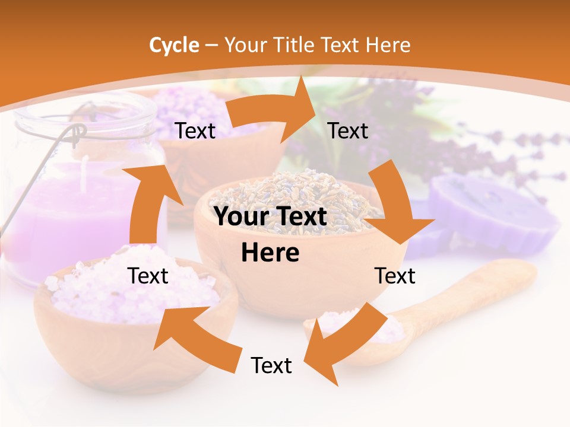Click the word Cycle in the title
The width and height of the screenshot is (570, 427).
click(x=174, y=45)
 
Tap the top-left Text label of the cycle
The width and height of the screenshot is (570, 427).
click(x=195, y=131)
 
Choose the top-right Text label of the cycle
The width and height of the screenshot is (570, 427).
click(x=348, y=130)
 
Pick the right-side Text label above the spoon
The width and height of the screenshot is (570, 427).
click(x=395, y=276)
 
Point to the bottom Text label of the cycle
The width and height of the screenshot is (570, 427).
click(x=271, y=365)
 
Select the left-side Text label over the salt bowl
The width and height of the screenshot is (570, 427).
click(x=148, y=276)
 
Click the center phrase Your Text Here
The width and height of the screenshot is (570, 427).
click(x=270, y=234)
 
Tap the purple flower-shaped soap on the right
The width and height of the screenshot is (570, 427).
click(x=496, y=211)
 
